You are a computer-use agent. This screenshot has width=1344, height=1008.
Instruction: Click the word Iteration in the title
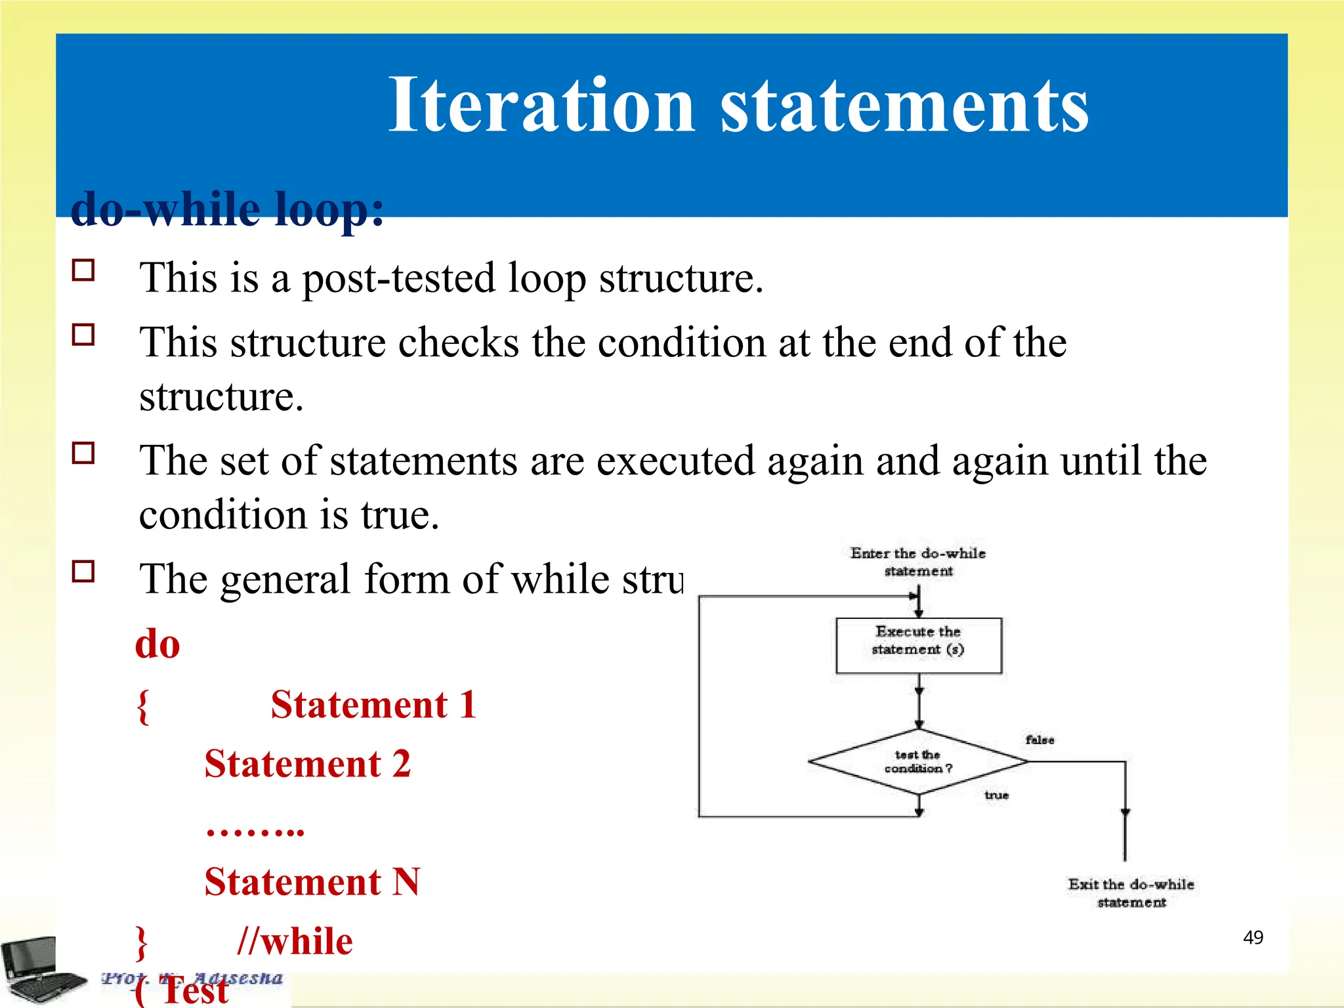click(x=541, y=105)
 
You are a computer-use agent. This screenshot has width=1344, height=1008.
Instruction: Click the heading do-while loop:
click(x=226, y=209)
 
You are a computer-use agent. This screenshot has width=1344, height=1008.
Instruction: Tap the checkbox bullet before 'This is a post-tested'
click(x=83, y=270)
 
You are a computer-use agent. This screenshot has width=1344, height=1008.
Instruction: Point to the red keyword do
click(x=157, y=644)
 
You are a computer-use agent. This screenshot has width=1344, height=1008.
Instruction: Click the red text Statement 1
click(x=373, y=705)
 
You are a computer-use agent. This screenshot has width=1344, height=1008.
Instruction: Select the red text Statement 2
click(x=307, y=764)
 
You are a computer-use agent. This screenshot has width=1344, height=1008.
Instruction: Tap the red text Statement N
click(x=312, y=881)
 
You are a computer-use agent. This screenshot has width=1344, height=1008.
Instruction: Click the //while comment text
click(x=295, y=941)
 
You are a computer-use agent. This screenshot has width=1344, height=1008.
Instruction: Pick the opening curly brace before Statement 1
click(x=142, y=706)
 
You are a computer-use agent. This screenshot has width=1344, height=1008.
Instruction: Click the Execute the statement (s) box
click(x=918, y=645)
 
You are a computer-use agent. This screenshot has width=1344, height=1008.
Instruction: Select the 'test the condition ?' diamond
click(x=917, y=762)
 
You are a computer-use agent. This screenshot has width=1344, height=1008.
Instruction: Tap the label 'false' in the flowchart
click(x=1039, y=740)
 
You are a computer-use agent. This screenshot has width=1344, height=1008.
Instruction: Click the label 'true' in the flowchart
click(x=996, y=795)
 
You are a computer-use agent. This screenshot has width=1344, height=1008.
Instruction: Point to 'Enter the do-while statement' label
click(x=918, y=562)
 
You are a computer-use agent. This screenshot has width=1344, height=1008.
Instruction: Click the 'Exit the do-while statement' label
click(x=1131, y=892)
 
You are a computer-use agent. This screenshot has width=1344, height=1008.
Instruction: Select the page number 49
click(x=1253, y=937)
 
